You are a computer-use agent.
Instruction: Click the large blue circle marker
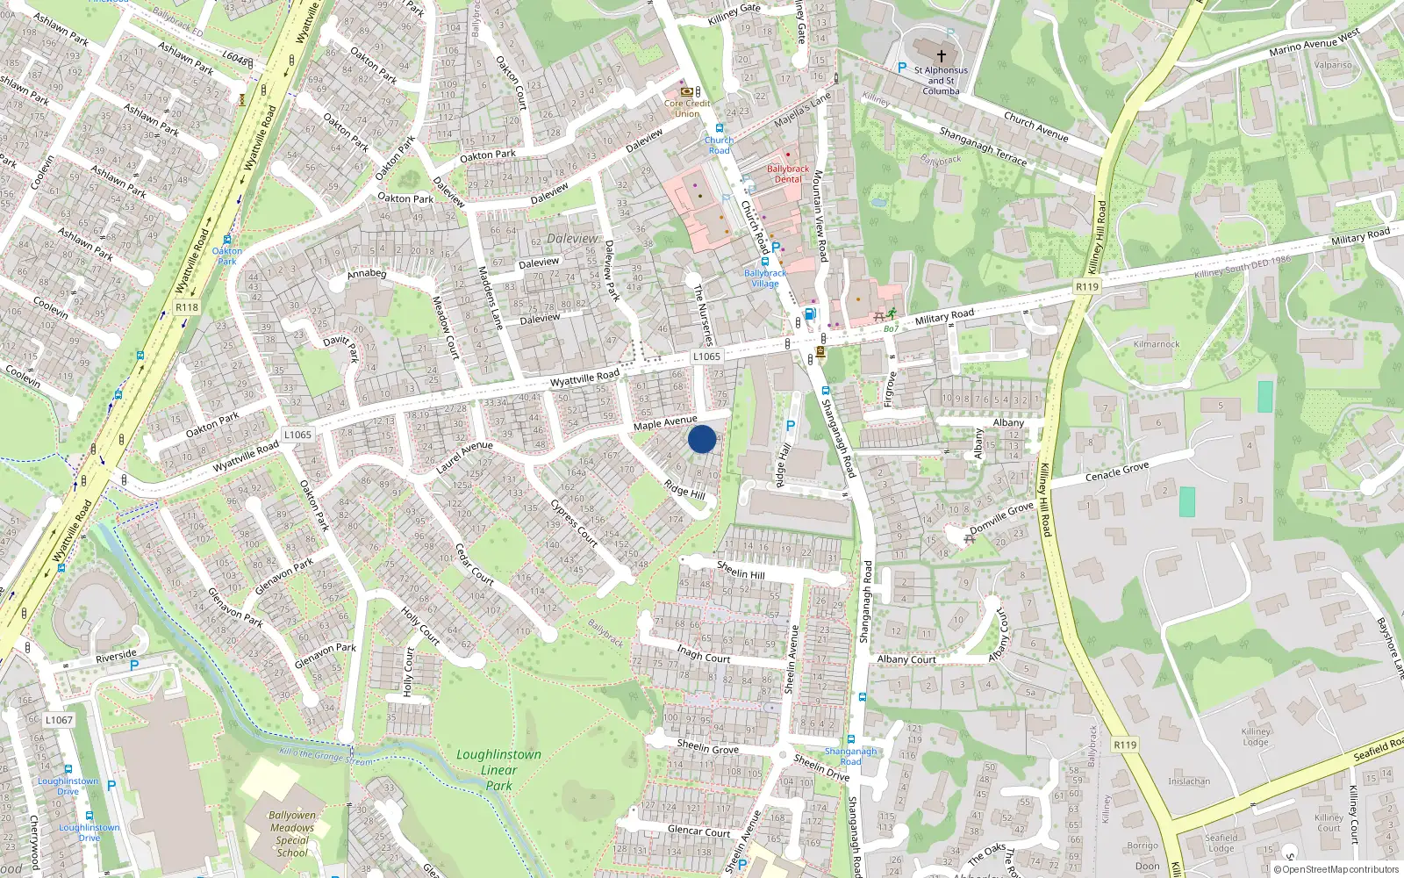coord(702,439)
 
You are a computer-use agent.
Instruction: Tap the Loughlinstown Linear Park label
coord(498,770)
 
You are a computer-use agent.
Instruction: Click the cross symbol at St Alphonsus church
coord(942,55)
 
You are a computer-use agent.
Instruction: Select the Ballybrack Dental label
coord(788,174)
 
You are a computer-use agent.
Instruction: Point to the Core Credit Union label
coord(687,108)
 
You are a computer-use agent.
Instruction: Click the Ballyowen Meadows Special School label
coord(292,833)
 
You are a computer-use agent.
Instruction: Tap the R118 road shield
coord(187,307)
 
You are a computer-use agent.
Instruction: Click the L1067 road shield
coord(59,720)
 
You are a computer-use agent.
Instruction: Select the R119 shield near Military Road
coord(1087,287)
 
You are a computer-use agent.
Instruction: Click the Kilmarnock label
coord(1157,344)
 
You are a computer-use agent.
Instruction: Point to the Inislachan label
coord(1189,781)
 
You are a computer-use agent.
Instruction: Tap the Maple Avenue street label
coord(665,422)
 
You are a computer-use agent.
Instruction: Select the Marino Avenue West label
coord(1314,42)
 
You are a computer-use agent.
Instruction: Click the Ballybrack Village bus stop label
coord(765,278)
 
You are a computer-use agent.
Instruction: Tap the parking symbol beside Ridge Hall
coord(790,426)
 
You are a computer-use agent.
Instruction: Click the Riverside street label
coord(116,655)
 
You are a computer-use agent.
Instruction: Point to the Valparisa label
coord(1333,65)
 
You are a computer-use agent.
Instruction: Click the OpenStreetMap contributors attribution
coord(1340,870)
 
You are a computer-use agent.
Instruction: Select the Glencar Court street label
coord(698,831)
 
